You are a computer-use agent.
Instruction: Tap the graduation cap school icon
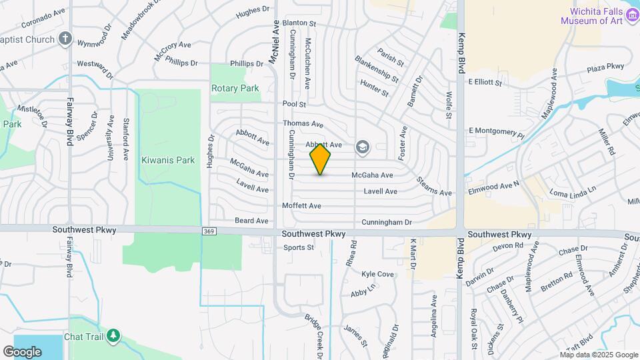coord(363,147)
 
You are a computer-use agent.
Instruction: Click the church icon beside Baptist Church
coord(65,39)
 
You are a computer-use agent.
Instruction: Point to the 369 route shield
coord(208,231)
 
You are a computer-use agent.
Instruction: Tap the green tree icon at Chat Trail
coord(114,335)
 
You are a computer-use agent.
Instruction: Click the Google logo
coord(22,351)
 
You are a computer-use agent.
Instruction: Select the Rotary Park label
coord(235,88)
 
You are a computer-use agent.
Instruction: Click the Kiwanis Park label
coord(168,160)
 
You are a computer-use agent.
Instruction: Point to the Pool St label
coord(294,105)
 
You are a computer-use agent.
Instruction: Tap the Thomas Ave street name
coord(303,124)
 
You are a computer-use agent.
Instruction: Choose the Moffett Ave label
coord(302,206)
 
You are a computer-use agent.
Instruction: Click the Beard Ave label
coord(251,221)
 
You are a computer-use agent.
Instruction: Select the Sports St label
coord(298,247)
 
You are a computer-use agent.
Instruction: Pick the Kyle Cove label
coord(377,274)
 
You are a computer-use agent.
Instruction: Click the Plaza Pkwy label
coord(605,67)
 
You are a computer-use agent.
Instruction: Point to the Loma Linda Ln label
coord(572,193)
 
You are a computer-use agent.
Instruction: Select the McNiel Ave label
coord(274,42)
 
